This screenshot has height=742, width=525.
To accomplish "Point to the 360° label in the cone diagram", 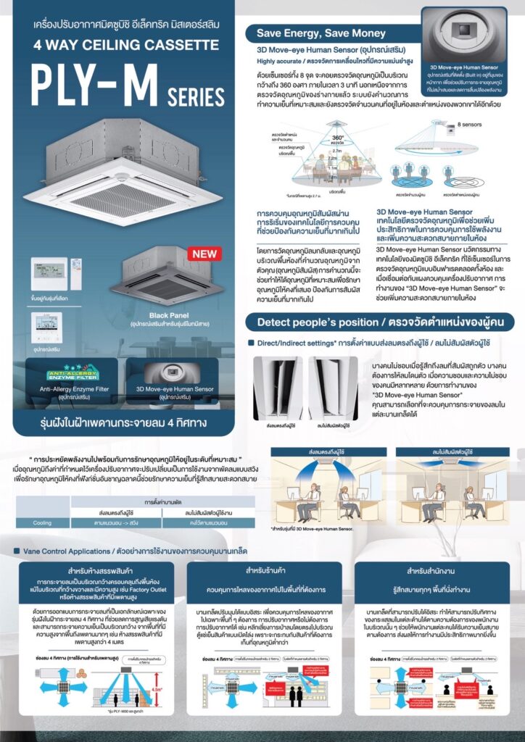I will [337, 136].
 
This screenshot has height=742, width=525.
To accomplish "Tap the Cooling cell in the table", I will [41, 522].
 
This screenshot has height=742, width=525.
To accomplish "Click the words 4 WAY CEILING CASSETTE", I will [116, 45].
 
